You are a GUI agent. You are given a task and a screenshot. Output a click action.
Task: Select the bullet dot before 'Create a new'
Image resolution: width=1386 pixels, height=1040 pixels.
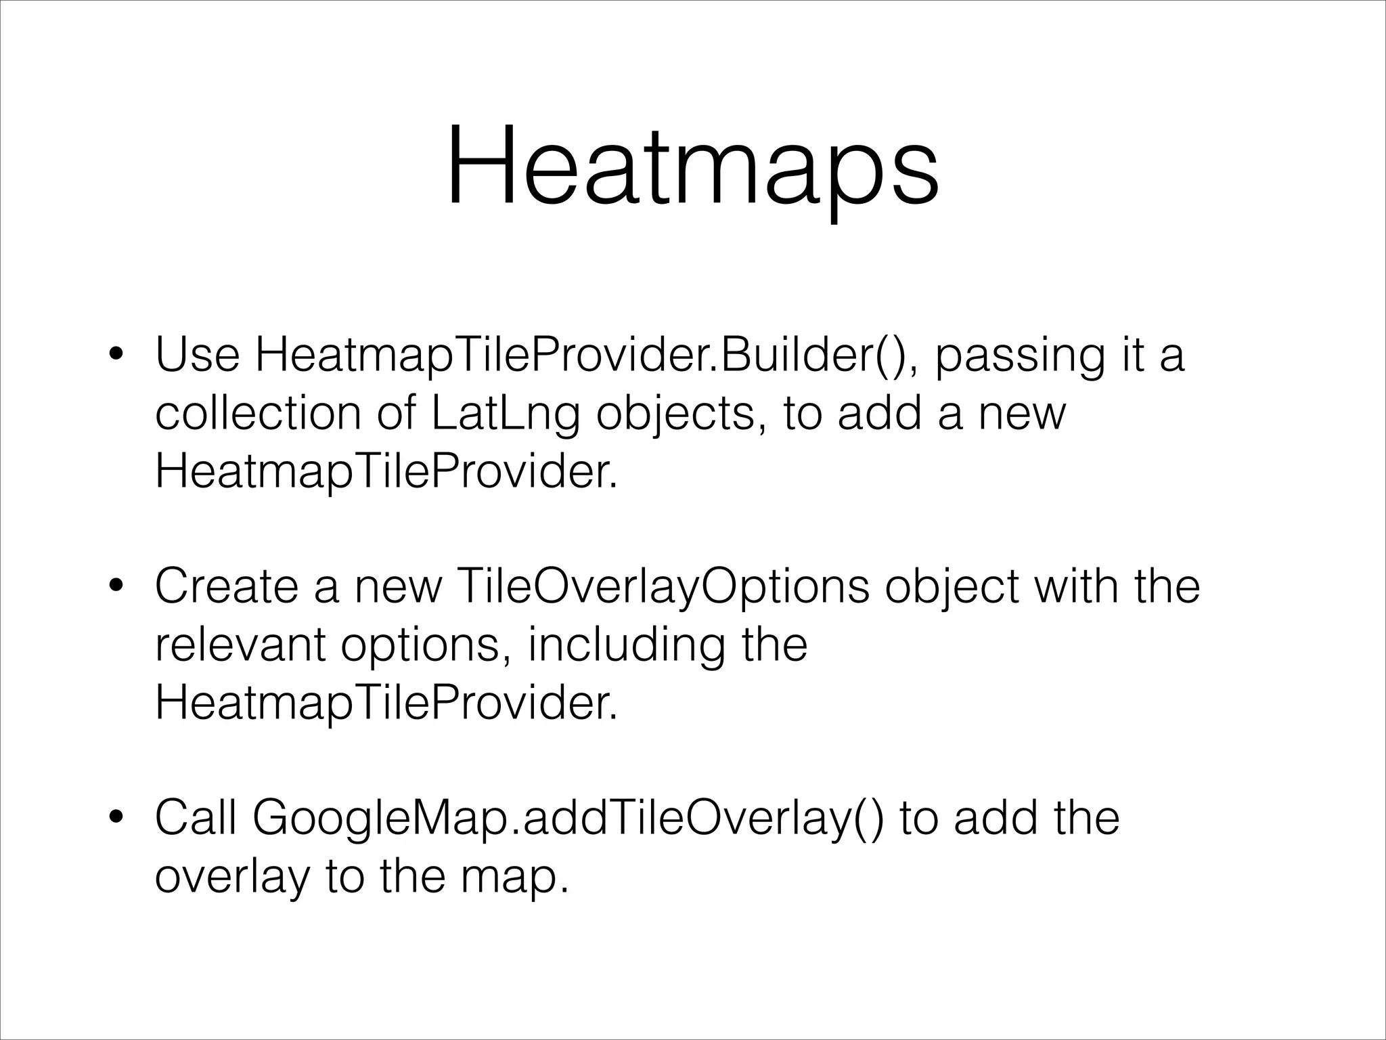click(117, 586)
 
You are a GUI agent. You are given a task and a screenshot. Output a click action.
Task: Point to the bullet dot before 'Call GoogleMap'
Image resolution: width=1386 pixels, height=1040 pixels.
click(117, 818)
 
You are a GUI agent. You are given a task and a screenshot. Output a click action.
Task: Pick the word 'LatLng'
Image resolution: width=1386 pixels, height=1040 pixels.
click(504, 414)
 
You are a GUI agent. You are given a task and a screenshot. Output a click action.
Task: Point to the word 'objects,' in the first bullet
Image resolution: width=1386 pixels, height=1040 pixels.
click(675, 414)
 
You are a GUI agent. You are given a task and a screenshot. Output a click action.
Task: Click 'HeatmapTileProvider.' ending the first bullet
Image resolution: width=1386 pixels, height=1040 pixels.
click(386, 472)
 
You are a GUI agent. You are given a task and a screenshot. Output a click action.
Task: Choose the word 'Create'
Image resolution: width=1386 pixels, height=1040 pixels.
click(226, 586)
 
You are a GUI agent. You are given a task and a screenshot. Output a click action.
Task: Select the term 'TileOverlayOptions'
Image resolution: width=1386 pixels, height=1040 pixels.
click(663, 588)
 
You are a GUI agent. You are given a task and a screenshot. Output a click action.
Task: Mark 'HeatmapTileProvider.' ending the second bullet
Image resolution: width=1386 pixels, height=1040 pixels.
click(386, 703)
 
